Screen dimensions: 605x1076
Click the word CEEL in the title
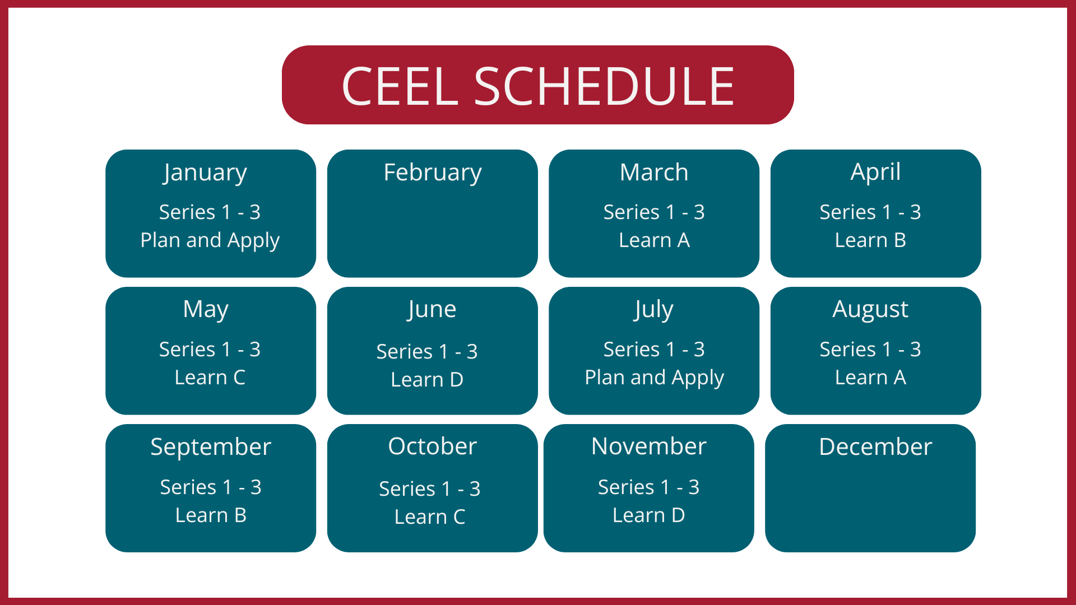tap(400, 86)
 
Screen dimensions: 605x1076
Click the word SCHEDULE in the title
tap(604, 86)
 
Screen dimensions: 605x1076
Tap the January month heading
tap(205, 173)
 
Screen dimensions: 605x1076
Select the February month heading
tap(432, 173)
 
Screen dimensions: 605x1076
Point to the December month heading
tap(875, 447)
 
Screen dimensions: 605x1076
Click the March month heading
tap(654, 173)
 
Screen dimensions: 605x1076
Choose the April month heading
tap(875, 172)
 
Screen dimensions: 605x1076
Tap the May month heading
tap(206, 310)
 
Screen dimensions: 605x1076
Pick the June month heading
tap(432, 310)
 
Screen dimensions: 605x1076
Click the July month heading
tap(654, 310)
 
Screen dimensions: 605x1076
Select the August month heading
tap(870, 310)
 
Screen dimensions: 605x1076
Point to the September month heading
tap(211, 447)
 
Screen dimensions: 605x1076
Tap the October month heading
tap(432, 446)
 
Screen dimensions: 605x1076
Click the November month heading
tap(648, 446)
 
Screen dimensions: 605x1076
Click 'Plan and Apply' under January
tap(210, 240)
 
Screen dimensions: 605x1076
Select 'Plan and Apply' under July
tap(654, 378)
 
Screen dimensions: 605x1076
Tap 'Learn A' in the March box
tap(654, 240)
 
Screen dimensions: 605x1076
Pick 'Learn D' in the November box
tap(648, 515)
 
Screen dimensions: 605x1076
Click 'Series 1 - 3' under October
tap(429, 489)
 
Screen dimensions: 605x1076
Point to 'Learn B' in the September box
tap(211, 515)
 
